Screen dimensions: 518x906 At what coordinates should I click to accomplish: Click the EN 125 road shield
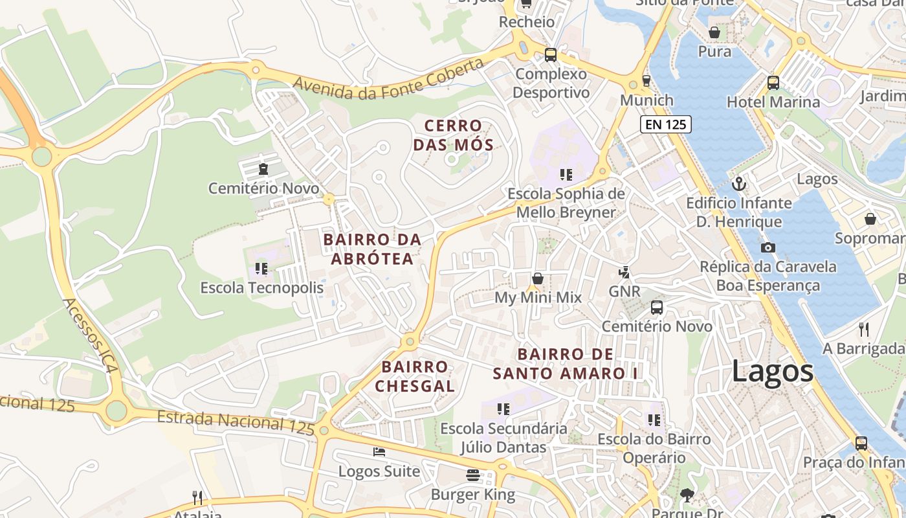point(665,124)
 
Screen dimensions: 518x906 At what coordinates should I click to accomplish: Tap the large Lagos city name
point(773,372)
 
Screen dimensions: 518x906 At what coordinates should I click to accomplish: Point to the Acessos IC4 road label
point(91,335)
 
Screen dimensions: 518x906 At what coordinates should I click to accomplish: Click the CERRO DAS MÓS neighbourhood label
point(453,135)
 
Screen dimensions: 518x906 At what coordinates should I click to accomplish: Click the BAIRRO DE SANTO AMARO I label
point(565,364)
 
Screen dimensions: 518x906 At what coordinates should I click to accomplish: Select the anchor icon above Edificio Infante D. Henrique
point(738,185)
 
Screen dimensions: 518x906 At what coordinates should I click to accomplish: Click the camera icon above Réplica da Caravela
point(768,247)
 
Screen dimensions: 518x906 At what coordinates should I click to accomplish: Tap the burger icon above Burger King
point(472,475)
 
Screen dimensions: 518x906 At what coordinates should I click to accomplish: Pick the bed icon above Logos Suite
point(379,451)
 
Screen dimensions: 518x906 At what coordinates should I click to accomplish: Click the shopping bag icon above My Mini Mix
point(537,278)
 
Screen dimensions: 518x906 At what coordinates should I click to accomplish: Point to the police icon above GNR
point(624,272)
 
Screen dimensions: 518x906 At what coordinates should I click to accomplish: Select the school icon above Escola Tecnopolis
point(261,268)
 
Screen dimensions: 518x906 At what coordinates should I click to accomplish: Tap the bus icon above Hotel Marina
point(773,82)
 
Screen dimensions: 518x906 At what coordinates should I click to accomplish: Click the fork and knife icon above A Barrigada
point(864,329)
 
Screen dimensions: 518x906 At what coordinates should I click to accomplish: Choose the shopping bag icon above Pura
point(714,32)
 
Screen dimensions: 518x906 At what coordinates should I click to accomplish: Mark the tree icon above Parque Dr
point(687,495)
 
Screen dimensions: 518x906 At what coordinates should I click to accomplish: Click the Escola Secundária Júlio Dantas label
point(503,438)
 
